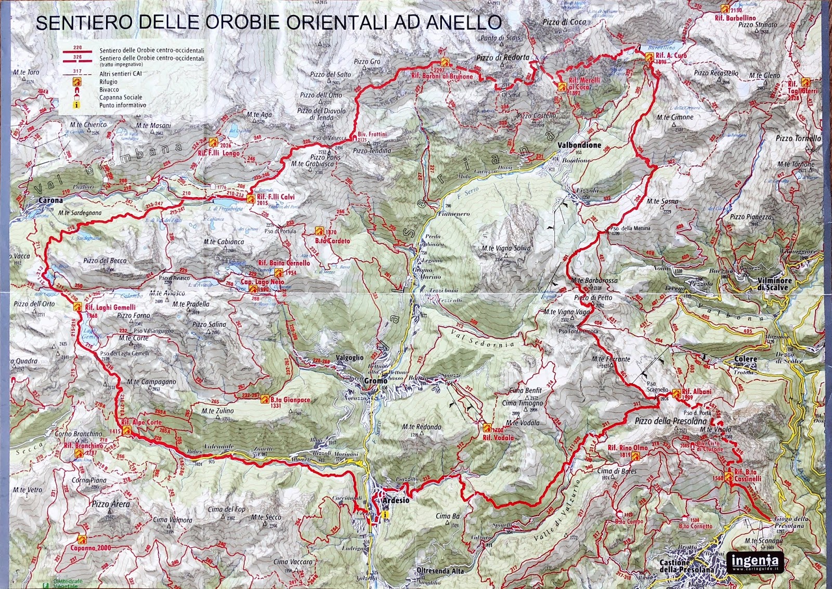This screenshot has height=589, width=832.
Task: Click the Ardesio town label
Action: [396, 500]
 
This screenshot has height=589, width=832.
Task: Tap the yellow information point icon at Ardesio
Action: [384, 514]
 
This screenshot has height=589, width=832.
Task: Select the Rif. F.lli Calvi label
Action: [276, 197]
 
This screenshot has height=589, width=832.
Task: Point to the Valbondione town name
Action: [579, 146]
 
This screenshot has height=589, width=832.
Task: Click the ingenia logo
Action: [755, 561]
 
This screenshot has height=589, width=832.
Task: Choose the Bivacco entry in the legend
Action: [109, 89]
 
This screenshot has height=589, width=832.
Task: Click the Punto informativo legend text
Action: [123, 105]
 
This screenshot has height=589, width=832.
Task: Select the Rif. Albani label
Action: [696, 391]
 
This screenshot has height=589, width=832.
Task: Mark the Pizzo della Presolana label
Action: [671, 421]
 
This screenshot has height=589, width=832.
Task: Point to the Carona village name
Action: [50, 200]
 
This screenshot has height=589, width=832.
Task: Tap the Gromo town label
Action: [375, 381]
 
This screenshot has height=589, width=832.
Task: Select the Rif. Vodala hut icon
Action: [487, 427]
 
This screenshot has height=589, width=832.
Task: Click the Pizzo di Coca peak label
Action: [564, 22]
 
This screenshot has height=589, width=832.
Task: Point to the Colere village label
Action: [745, 359]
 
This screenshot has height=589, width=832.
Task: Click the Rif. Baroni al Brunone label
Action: [442, 76]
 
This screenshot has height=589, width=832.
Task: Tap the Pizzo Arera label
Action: [111, 504]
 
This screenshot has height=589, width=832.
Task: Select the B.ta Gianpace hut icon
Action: [265, 399]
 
